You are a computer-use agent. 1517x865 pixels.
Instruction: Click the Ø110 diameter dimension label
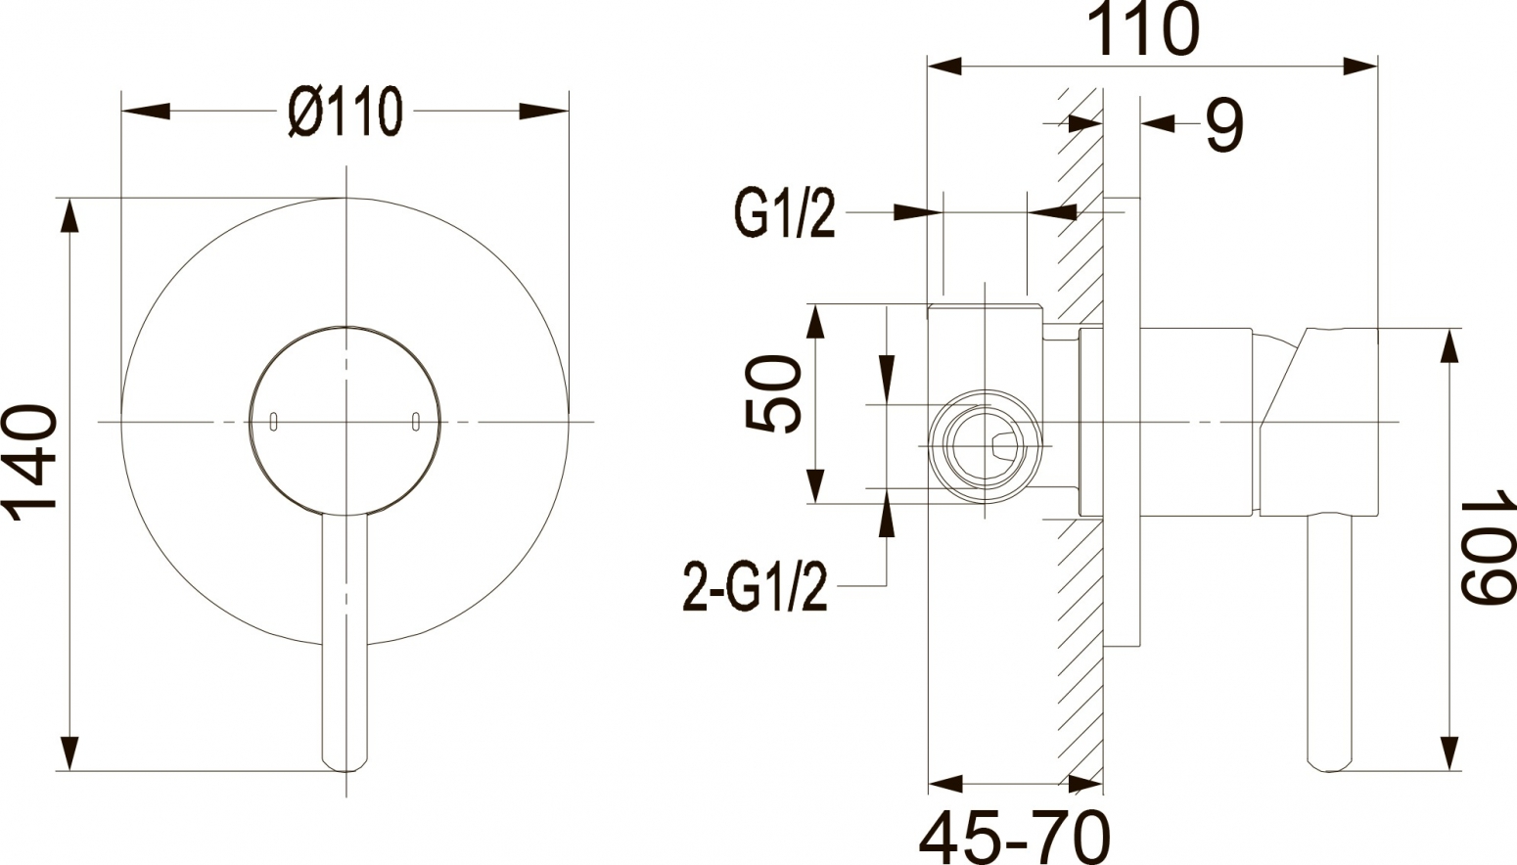[x=345, y=112]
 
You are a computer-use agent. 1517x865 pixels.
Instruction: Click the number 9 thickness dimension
[x=1225, y=124]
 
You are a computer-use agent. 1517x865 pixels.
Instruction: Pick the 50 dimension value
[x=773, y=393]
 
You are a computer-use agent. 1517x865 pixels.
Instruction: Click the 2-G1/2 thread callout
[x=756, y=585]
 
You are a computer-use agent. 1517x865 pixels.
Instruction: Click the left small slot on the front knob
[x=273, y=421]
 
